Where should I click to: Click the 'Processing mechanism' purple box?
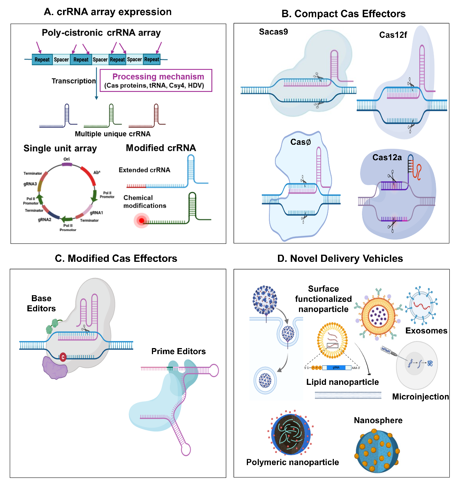(156, 80)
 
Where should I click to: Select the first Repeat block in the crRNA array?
(42, 60)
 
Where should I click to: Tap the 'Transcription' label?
(74, 81)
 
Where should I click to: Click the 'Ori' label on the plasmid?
(66, 159)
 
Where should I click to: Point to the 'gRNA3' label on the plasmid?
(30, 184)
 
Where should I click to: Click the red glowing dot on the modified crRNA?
(141, 221)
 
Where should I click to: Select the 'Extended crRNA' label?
(144, 170)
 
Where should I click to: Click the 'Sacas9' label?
(273, 32)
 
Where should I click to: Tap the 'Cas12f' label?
(393, 35)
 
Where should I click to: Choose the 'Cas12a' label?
(387, 158)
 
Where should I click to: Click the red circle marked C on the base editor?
(63, 357)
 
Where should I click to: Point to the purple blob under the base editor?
(55, 368)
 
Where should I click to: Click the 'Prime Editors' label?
(179, 351)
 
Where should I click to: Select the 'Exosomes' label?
(426, 331)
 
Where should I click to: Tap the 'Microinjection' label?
(420, 397)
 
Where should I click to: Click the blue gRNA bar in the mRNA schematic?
(336, 368)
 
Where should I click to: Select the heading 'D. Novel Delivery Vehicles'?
(340, 258)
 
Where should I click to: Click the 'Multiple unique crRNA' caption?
(113, 134)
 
